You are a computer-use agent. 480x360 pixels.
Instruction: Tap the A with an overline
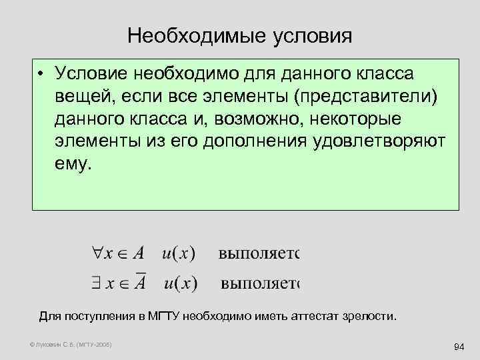140,283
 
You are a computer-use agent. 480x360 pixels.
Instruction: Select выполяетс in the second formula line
260,285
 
